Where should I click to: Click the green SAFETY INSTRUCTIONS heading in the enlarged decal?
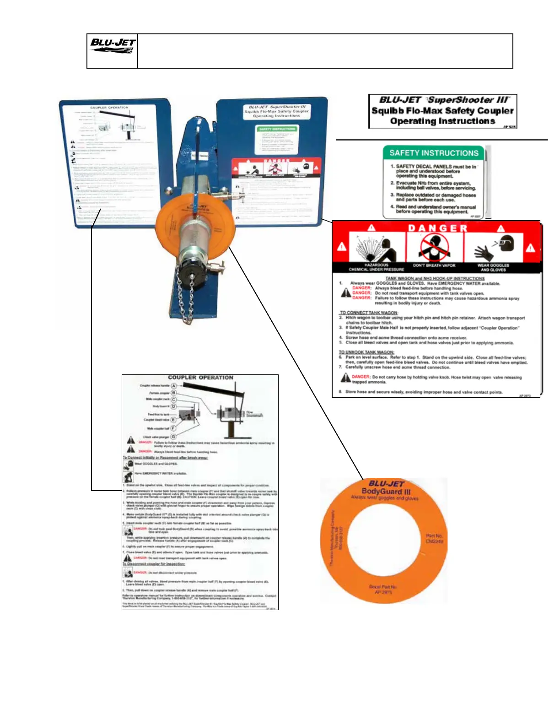coord(433,153)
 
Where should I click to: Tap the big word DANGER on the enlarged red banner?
coord(438,228)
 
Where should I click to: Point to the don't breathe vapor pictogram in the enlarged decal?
coord(434,248)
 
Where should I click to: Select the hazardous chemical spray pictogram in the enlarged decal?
coord(376,249)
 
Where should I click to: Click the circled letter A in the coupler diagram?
coord(174,386)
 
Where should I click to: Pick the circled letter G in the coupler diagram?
coord(173,437)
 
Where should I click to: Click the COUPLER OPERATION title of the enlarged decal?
coord(200,378)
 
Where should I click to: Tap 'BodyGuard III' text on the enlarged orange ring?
coord(386,492)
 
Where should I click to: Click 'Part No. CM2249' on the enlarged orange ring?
coord(434,538)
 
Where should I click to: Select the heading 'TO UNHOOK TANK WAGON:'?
coord(366,352)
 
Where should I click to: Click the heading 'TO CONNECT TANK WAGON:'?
coord(368,313)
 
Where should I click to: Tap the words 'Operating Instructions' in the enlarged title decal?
coord(442,121)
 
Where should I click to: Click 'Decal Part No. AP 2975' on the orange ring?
coord(382,589)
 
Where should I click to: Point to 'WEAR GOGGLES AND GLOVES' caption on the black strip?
coord(493,267)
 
